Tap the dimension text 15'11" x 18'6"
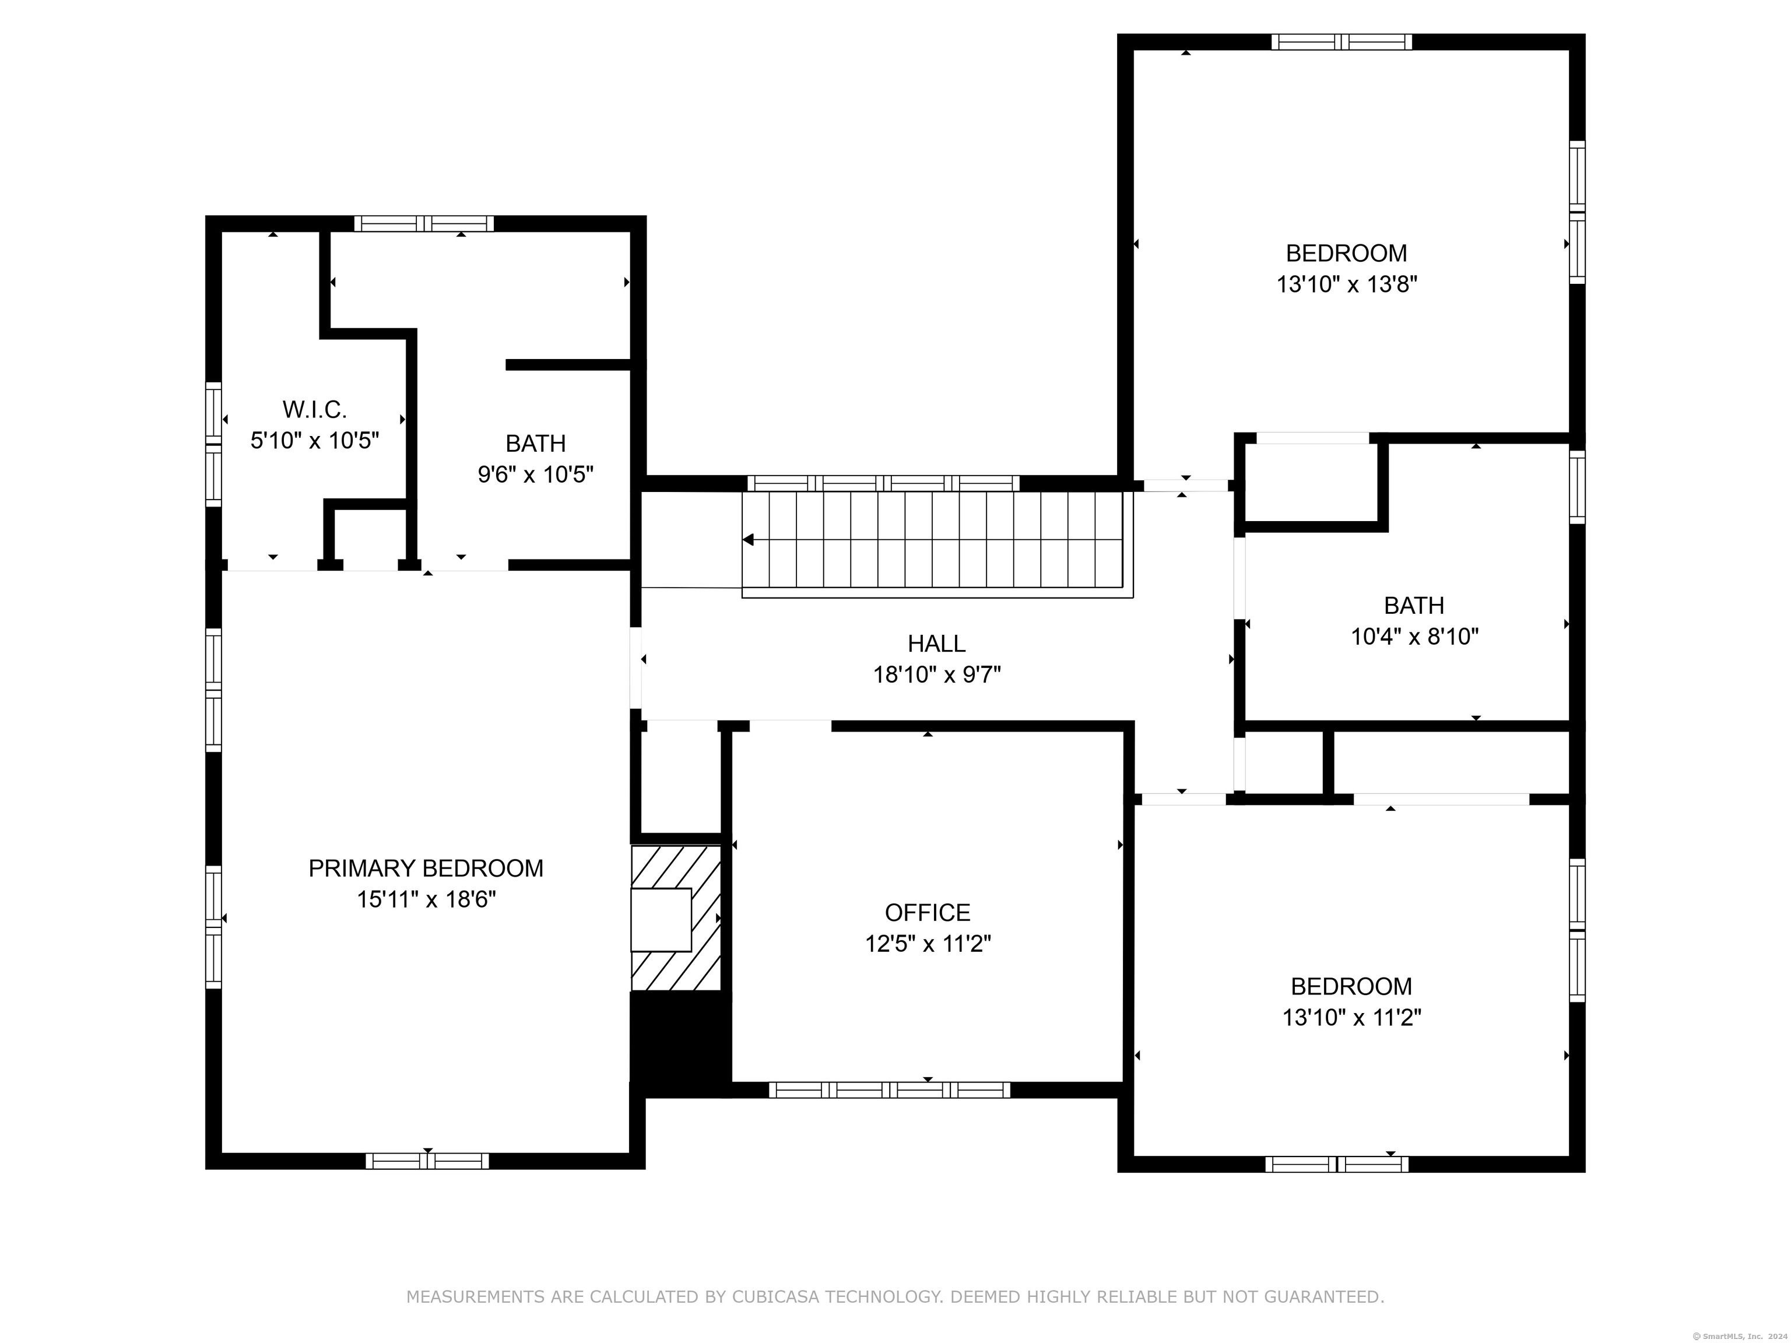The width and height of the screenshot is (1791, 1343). pyautogui.click(x=426, y=899)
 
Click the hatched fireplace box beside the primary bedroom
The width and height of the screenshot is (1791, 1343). pyautogui.click(x=675, y=918)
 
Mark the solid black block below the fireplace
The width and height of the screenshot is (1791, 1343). pyautogui.click(x=680, y=1045)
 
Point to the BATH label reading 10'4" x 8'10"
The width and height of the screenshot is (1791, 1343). pyautogui.click(x=1414, y=606)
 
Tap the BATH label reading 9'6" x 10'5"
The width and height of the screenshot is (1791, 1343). pyautogui.click(x=535, y=444)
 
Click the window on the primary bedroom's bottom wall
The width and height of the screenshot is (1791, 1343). pyautogui.click(x=427, y=1161)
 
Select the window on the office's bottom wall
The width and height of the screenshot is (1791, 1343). pyautogui.click(x=889, y=1089)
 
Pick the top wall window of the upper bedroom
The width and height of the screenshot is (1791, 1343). pyautogui.click(x=1341, y=42)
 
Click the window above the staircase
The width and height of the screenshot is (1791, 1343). pyautogui.click(x=883, y=483)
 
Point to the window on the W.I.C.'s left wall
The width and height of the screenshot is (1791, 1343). pyautogui.click(x=213, y=444)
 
